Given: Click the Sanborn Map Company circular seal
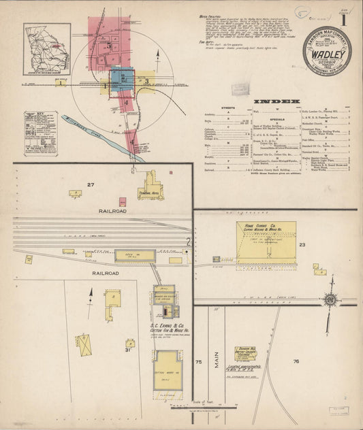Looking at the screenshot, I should tap(328, 50).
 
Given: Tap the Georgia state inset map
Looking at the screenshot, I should tap(47, 40).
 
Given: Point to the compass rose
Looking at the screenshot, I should tap(330, 299).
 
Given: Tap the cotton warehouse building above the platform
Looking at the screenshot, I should tap(168, 369).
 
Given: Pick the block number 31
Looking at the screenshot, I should tap(127, 350).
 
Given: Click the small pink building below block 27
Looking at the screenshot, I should tap(123, 202).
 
